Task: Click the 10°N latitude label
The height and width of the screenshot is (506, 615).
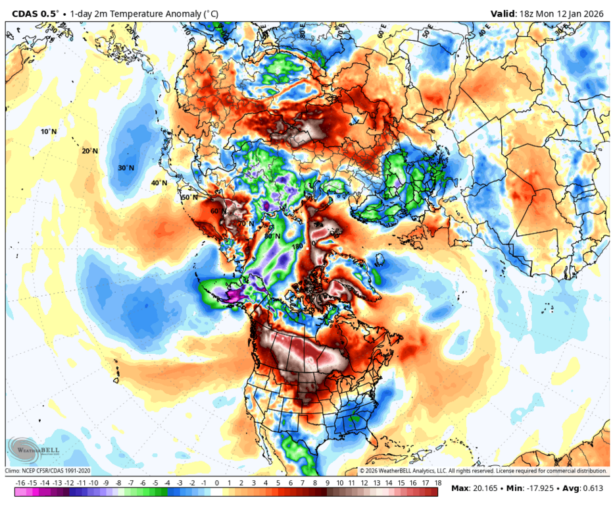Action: point(49,132)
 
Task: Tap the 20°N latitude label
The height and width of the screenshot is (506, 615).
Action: point(89,151)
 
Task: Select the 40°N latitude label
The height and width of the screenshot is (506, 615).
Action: point(159,183)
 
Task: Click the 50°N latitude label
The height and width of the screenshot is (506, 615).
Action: point(189,197)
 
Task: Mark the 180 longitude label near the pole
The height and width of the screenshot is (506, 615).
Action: point(297,246)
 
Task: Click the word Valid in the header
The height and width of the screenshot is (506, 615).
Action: point(504,13)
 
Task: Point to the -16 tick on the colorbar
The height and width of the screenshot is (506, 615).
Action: point(20,483)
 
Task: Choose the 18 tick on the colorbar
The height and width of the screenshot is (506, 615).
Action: point(437,483)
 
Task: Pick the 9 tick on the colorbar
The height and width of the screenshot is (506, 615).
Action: point(327,483)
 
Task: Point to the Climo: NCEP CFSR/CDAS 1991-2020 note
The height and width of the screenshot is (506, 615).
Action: point(48,471)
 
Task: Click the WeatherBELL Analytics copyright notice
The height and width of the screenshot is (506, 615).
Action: point(483,471)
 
